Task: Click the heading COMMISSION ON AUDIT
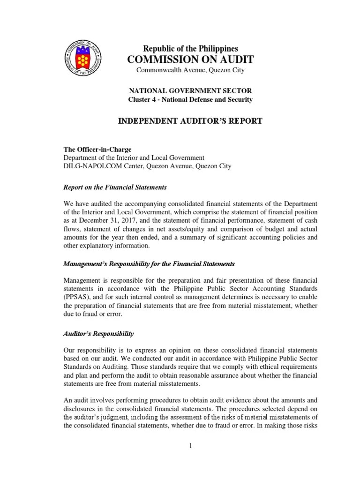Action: [x=191, y=59]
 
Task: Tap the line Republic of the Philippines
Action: [x=190, y=48]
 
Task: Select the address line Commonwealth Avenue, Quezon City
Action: [x=190, y=70]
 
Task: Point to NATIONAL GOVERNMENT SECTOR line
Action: [x=190, y=90]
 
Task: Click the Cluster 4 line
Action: [x=190, y=99]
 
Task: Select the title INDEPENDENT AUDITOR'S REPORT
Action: [x=190, y=121]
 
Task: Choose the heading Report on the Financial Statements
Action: [x=115, y=187]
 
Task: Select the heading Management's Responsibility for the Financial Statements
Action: [x=149, y=264]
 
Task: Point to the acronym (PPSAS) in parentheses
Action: [x=77, y=297]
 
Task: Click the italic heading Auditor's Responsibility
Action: [x=98, y=334]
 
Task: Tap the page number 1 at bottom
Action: [x=191, y=445]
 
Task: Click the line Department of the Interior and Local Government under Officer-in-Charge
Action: [x=134, y=157]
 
